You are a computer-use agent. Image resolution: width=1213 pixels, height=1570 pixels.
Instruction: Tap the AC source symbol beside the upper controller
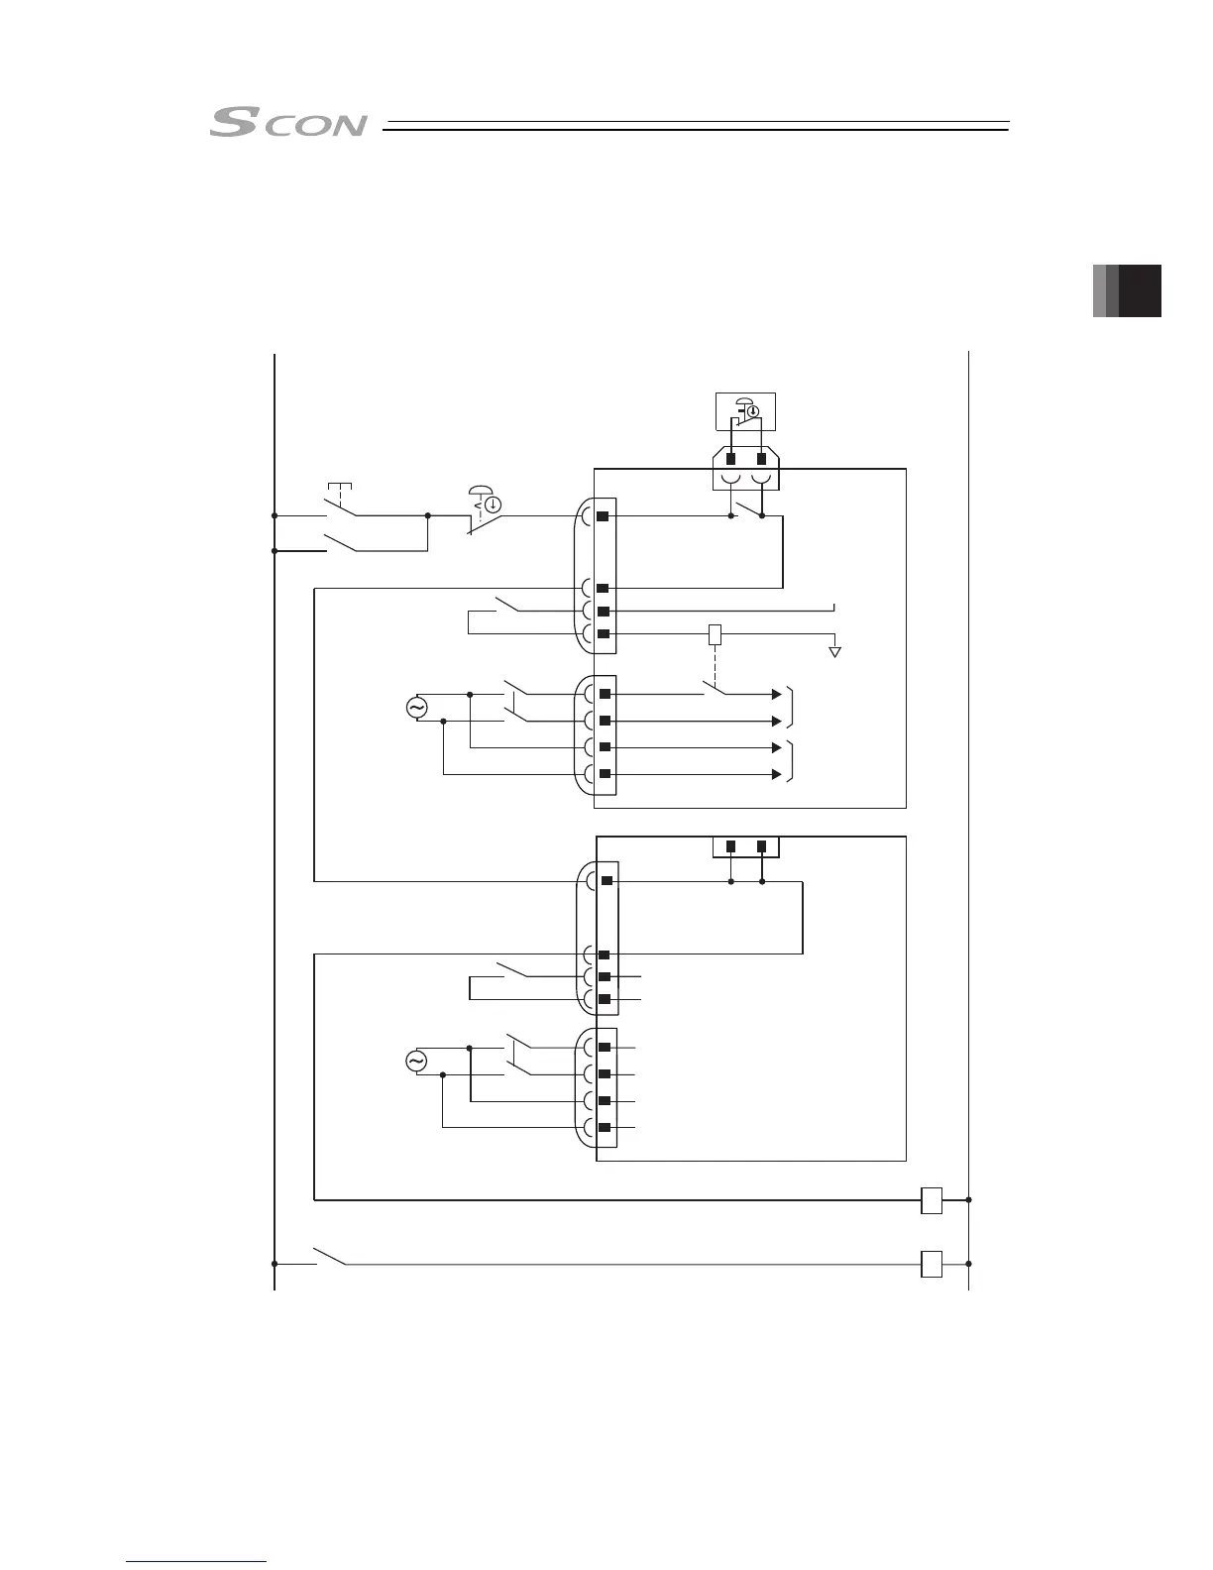click(416, 708)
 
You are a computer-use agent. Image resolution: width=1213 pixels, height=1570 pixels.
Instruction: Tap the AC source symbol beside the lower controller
click(416, 1062)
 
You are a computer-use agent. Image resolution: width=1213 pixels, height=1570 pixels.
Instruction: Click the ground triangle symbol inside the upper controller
click(835, 652)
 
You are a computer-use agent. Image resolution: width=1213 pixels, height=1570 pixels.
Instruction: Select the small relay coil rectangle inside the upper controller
click(715, 635)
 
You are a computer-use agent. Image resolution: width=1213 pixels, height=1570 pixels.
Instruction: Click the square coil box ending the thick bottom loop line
click(932, 1199)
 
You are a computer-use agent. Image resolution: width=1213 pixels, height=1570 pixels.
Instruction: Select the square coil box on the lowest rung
click(932, 1265)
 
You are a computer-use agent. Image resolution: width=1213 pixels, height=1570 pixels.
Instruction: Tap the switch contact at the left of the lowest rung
click(329, 1257)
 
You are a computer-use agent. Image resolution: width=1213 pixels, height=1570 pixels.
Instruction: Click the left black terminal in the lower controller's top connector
click(730, 846)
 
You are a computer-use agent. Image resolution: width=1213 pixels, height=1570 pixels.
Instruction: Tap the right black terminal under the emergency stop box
click(761, 459)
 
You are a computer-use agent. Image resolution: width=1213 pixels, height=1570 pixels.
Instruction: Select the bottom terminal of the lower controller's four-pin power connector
click(605, 1128)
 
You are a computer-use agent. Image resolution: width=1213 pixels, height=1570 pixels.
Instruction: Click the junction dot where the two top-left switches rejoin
click(427, 515)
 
